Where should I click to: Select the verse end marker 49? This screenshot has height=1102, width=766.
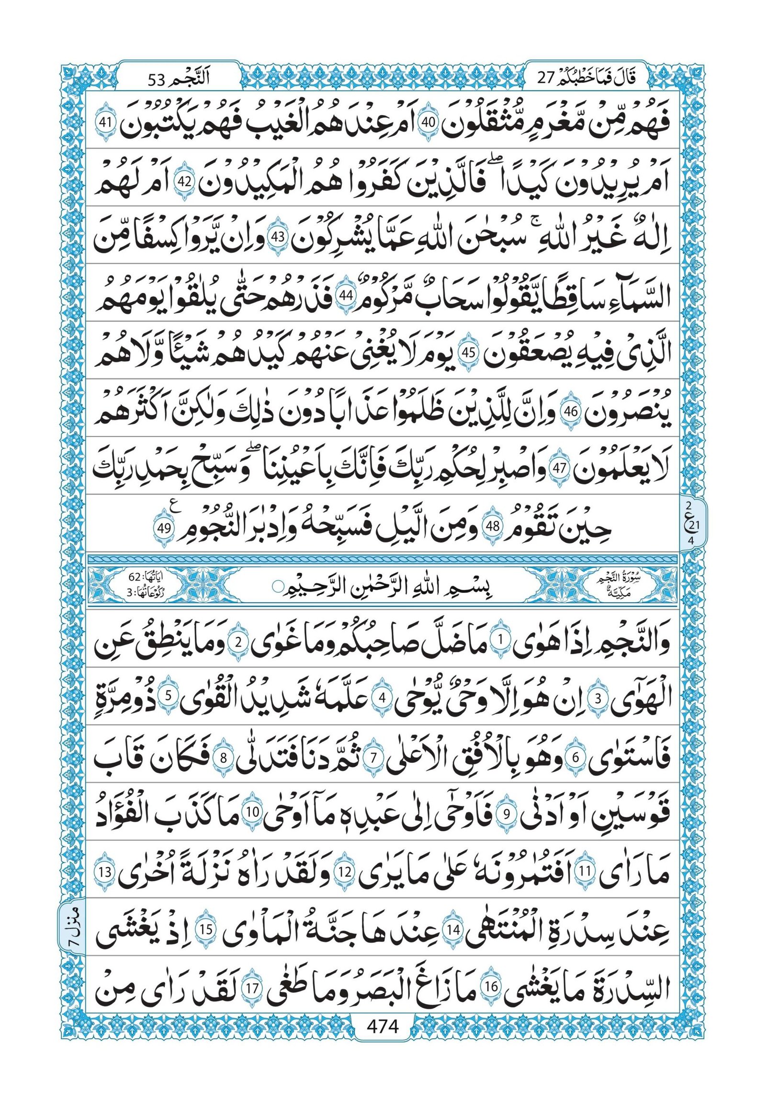coord(164,528)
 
